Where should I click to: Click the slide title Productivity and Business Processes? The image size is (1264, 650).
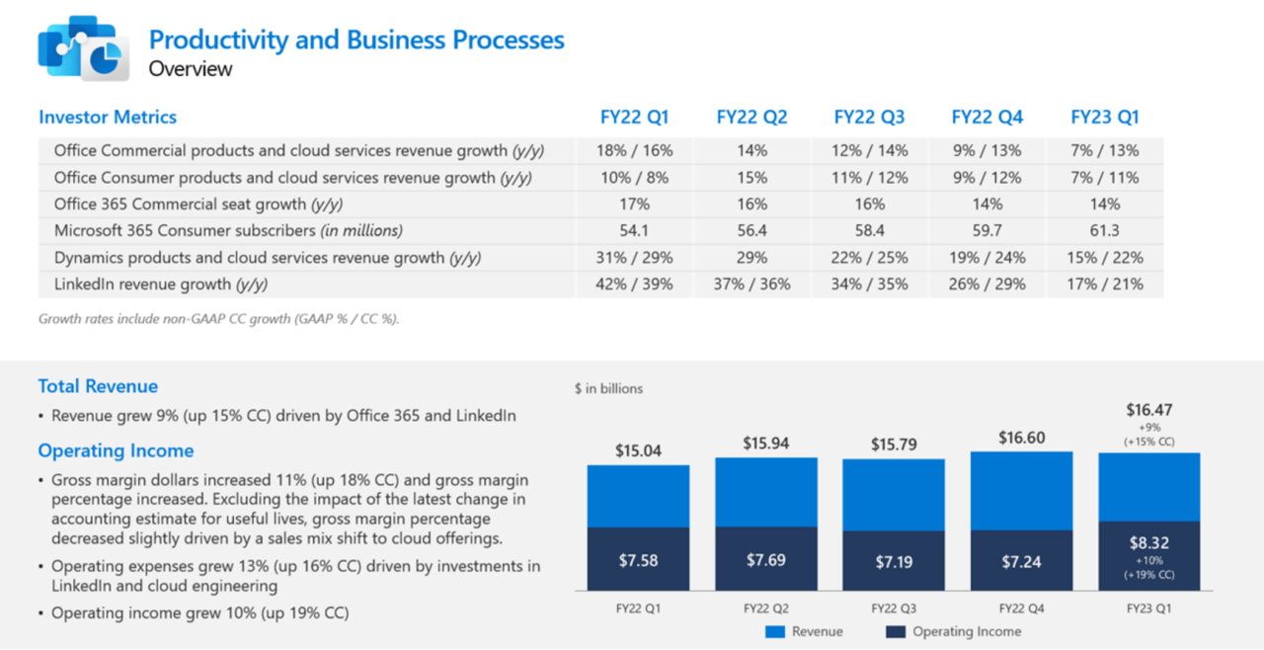click(x=356, y=40)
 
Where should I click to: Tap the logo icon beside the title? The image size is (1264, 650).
click(x=79, y=47)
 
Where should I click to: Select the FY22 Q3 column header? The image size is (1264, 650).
click(x=869, y=117)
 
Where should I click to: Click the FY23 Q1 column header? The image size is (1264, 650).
click(x=1104, y=117)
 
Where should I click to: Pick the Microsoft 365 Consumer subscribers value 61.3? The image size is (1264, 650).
click(x=1104, y=231)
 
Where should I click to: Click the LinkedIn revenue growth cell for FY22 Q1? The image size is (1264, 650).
click(x=634, y=284)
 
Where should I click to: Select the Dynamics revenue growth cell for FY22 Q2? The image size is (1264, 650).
click(x=751, y=258)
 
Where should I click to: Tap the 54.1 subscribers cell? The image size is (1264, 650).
click(x=634, y=231)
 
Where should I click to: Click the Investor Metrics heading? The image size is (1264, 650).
click(x=108, y=117)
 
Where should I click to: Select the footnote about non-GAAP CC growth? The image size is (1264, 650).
click(x=218, y=319)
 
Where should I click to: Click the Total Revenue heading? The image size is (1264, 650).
click(x=98, y=386)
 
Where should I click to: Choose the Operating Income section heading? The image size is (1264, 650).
click(x=116, y=450)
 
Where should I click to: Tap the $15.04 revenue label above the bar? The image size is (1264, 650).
click(x=638, y=450)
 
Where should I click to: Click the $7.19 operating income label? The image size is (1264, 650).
click(x=894, y=562)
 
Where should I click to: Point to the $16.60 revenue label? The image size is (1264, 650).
click(x=1021, y=438)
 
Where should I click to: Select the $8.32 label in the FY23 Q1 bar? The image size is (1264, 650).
click(x=1149, y=542)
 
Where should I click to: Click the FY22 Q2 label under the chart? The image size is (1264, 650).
click(x=765, y=607)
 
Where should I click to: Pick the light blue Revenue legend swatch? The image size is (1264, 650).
click(x=774, y=631)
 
